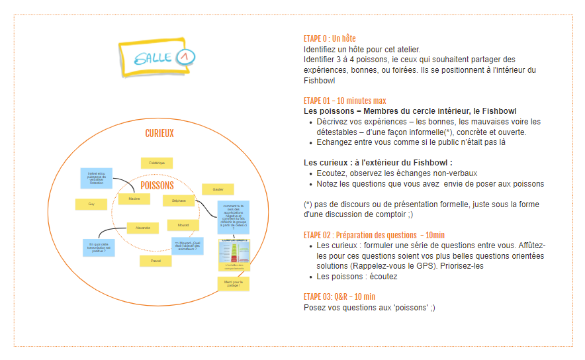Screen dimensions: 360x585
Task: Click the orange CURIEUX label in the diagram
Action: point(159,134)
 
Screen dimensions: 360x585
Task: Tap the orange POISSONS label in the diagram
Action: point(157,186)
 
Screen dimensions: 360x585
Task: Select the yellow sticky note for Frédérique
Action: point(157,163)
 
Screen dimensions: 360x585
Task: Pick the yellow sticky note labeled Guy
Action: point(91,204)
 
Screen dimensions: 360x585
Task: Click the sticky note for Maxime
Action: point(134,199)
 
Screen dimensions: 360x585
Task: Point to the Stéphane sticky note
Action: point(179,200)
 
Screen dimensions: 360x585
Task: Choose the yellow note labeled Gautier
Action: point(218,189)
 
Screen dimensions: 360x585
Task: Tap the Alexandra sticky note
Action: point(143,228)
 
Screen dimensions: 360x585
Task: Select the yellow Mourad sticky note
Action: point(183,225)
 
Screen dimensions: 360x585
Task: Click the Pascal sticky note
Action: point(156,261)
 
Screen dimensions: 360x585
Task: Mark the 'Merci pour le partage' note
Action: point(233,284)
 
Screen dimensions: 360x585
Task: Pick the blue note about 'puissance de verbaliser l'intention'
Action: point(96,177)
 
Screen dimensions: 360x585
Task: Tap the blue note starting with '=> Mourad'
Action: point(187,246)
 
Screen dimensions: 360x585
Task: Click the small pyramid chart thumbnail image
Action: point(235,254)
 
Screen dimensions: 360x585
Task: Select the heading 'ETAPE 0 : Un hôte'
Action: point(330,39)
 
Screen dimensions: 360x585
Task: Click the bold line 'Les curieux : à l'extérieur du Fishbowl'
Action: point(378,163)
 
